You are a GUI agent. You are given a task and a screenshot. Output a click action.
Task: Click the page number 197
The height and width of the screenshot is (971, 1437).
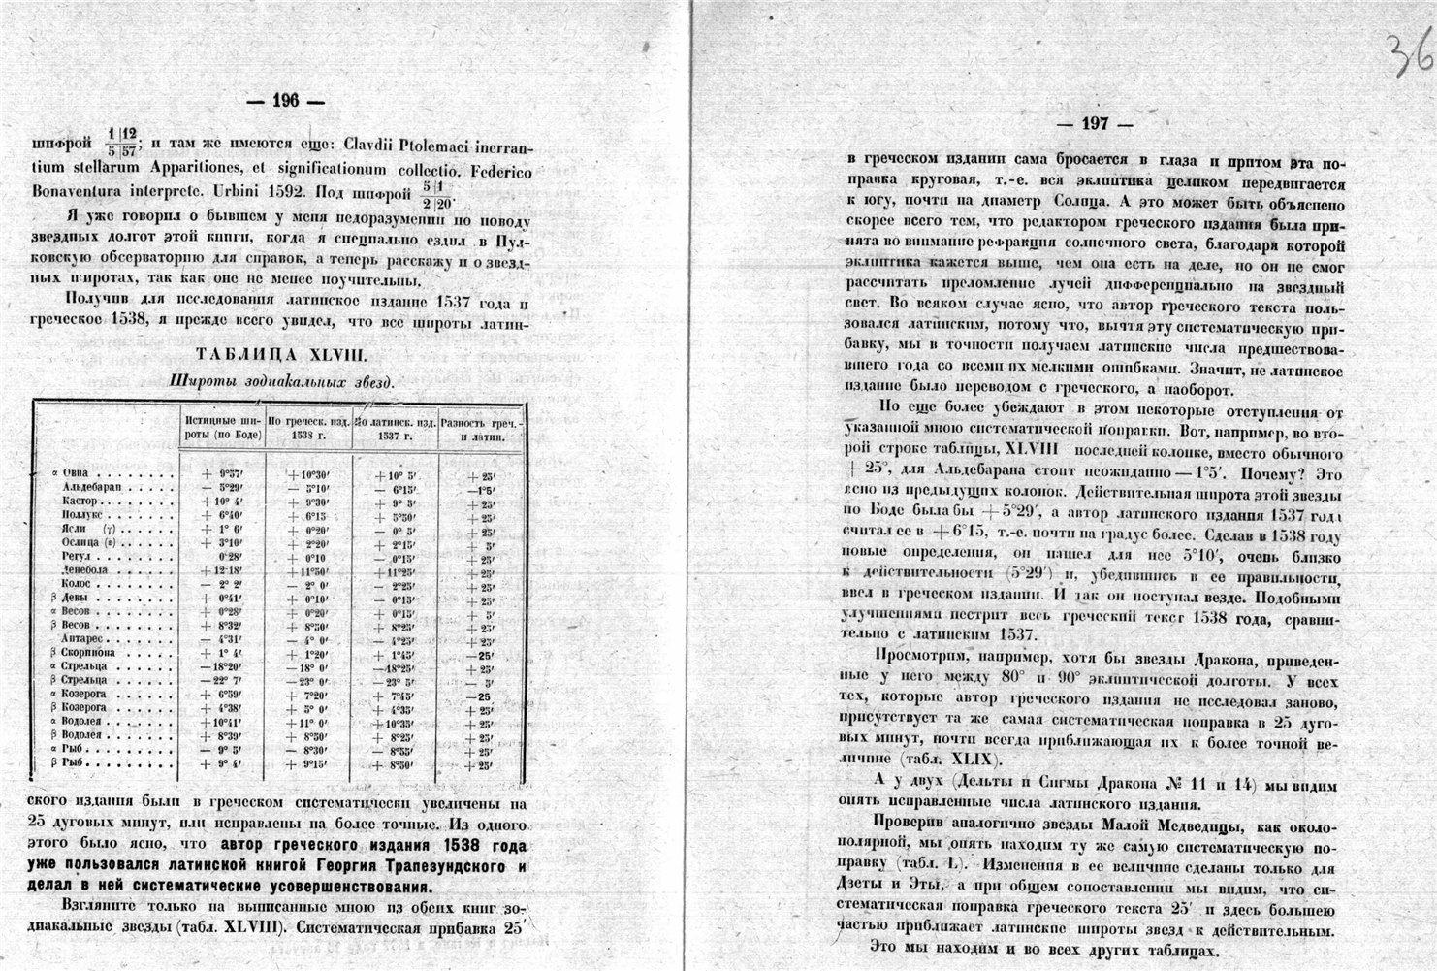pos(1095,124)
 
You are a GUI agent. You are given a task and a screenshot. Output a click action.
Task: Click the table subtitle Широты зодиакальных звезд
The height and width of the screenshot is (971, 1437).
pos(282,381)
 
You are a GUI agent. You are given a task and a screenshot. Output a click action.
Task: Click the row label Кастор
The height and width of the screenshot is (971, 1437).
pos(80,501)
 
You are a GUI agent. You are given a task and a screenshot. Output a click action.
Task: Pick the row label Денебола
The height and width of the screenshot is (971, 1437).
pos(84,571)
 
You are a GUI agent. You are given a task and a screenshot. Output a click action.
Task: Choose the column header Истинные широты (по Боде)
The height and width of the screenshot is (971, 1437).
pos(223,429)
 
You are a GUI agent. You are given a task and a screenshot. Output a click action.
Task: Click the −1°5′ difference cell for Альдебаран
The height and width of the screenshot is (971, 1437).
pos(480,489)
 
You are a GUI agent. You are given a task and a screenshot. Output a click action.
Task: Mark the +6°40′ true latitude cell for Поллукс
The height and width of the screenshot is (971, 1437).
pos(221,515)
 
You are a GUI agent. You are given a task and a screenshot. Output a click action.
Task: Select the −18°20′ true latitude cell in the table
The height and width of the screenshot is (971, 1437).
pos(222,667)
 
